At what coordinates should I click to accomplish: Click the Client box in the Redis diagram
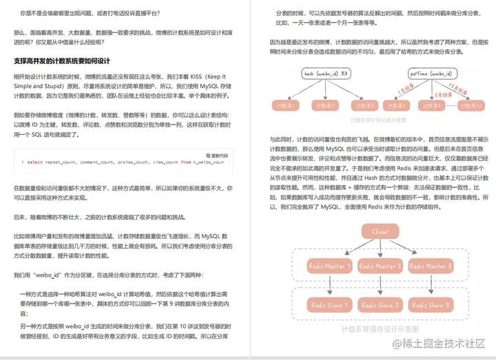(x=380, y=232)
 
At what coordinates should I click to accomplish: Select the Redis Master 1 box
(x=330, y=266)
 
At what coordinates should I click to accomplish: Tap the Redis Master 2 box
(x=380, y=266)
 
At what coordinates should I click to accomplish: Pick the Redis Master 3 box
(x=430, y=266)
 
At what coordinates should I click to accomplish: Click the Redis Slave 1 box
(x=330, y=305)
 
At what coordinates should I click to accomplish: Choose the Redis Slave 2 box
(x=380, y=305)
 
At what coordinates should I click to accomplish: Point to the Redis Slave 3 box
(x=430, y=305)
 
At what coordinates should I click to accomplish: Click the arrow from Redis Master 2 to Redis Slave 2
(x=380, y=285)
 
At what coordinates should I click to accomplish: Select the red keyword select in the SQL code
(x=35, y=162)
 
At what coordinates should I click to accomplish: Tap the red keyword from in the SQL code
(x=186, y=162)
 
